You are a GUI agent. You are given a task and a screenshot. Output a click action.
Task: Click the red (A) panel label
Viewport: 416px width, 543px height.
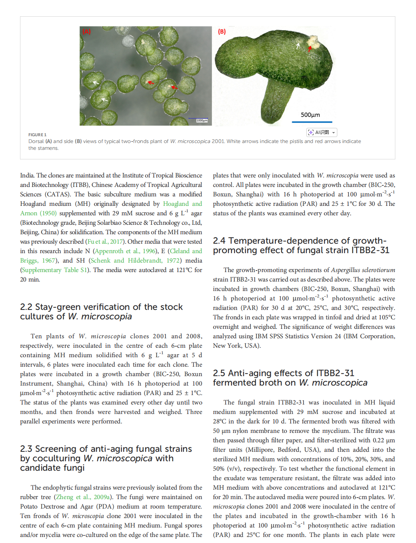[87, 32]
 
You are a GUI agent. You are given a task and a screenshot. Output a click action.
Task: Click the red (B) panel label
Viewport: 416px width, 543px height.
[222, 32]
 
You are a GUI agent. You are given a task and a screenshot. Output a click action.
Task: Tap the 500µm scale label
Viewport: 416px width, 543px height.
[310, 115]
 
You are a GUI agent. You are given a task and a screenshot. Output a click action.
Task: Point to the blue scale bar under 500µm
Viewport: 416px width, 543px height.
[312, 122]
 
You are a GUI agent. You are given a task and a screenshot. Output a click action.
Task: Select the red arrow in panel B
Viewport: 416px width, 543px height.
[310, 48]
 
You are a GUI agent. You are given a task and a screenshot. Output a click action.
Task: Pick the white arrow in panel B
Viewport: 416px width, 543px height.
[298, 46]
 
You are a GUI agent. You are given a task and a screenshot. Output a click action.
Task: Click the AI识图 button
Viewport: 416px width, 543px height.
[321, 132]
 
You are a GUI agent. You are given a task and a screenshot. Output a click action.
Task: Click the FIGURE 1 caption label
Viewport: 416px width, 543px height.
[37, 135]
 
